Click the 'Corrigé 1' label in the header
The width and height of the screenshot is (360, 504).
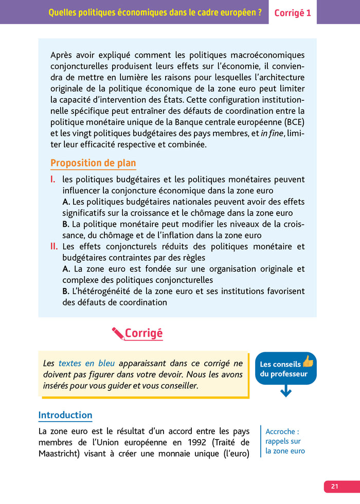[x=293, y=13]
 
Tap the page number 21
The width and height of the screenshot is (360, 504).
[x=335, y=487]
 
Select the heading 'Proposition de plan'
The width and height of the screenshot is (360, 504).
[x=93, y=163]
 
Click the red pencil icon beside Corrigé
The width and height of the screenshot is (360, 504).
[x=118, y=333]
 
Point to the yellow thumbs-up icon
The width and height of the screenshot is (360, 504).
[x=308, y=361]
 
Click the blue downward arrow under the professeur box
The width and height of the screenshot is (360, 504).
[x=286, y=392]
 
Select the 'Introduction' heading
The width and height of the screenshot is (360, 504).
[x=65, y=415]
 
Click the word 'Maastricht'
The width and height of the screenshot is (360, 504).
[x=62, y=454]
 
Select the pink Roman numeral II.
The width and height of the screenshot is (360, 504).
[x=54, y=246]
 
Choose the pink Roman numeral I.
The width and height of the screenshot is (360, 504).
[x=53, y=179]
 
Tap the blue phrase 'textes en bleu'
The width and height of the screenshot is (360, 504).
[x=86, y=363]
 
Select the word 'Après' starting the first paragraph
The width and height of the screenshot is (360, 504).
[x=63, y=55]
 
